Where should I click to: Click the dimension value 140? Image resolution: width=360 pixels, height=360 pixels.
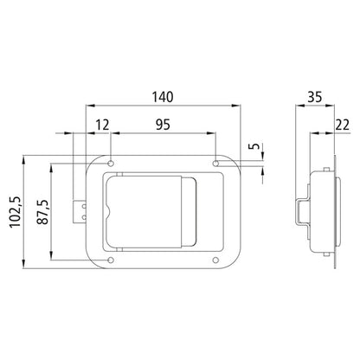tap(160, 95)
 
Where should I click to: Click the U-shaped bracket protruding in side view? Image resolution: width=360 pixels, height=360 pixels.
tap(298, 210)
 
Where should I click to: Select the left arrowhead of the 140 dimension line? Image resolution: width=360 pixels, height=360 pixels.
tap(87, 106)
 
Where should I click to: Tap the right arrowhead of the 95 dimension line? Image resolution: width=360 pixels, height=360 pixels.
tap(212, 134)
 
